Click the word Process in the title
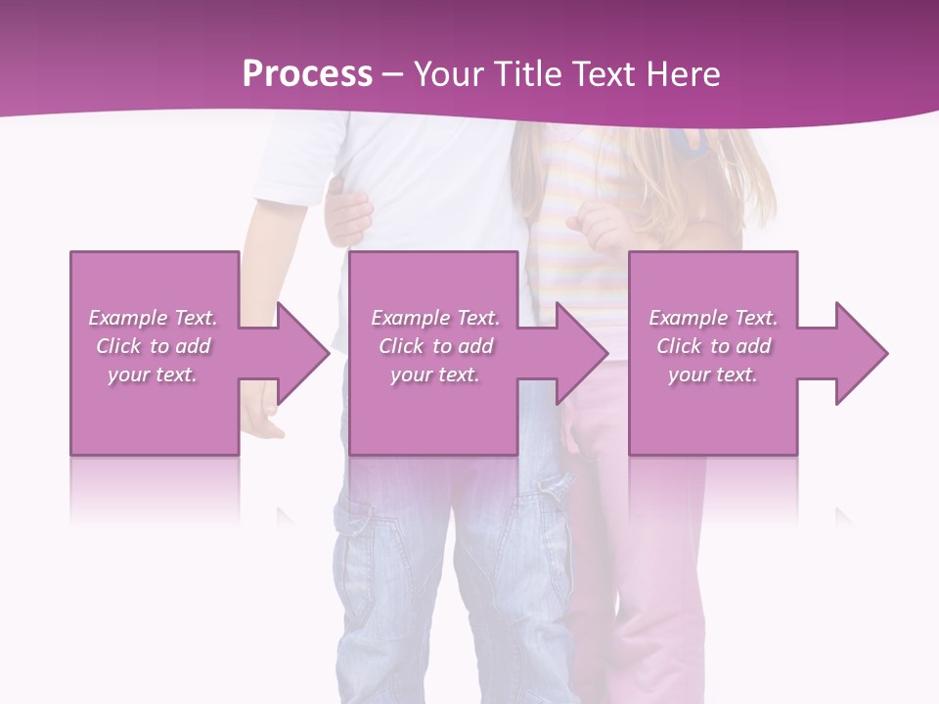(x=307, y=74)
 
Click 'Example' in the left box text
(x=127, y=318)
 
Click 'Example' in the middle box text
(x=410, y=318)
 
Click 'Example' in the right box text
(x=688, y=318)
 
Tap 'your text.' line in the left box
(x=153, y=374)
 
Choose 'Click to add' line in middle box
(x=435, y=346)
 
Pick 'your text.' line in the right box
(x=713, y=374)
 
